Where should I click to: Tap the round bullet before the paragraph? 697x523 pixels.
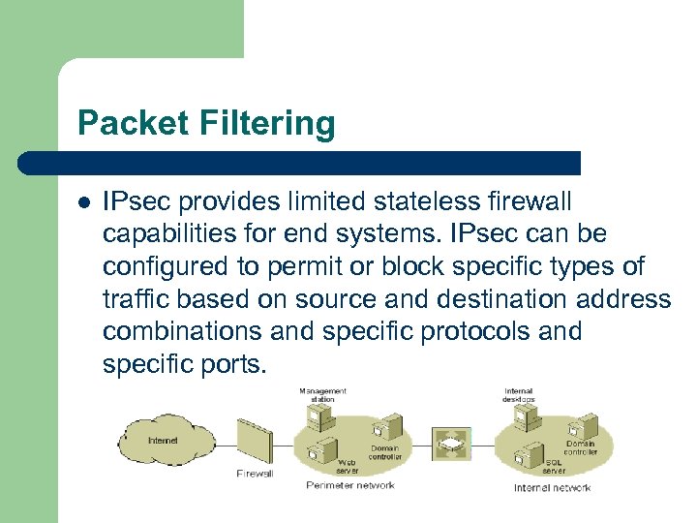(x=85, y=203)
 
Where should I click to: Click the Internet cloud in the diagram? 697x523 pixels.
(x=163, y=441)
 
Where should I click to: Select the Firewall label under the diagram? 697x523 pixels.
(x=255, y=474)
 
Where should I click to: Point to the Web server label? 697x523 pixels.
(x=347, y=467)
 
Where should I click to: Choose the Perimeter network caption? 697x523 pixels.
(x=349, y=485)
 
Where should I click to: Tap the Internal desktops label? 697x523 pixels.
(x=519, y=395)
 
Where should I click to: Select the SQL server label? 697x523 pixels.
(x=554, y=467)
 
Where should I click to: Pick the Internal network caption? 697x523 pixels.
(x=552, y=487)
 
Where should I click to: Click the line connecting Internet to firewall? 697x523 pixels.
(x=222, y=446)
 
